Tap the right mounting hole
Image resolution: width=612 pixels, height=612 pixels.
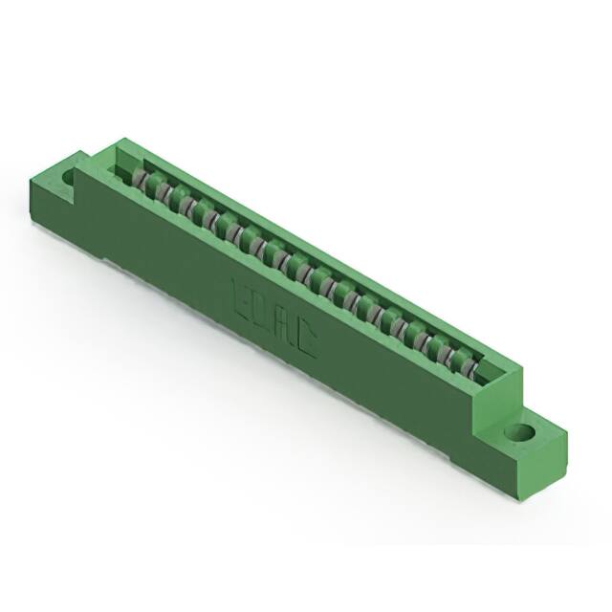(523, 432)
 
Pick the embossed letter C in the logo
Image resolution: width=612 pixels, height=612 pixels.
(303, 341)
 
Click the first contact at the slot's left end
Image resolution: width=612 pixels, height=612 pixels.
(141, 181)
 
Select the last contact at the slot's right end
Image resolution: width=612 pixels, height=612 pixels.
(470, 367)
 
